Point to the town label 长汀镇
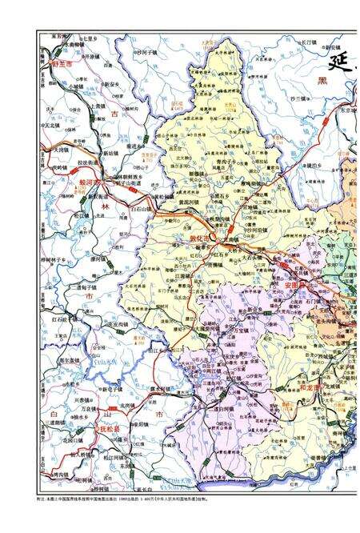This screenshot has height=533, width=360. tap(309, 42)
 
